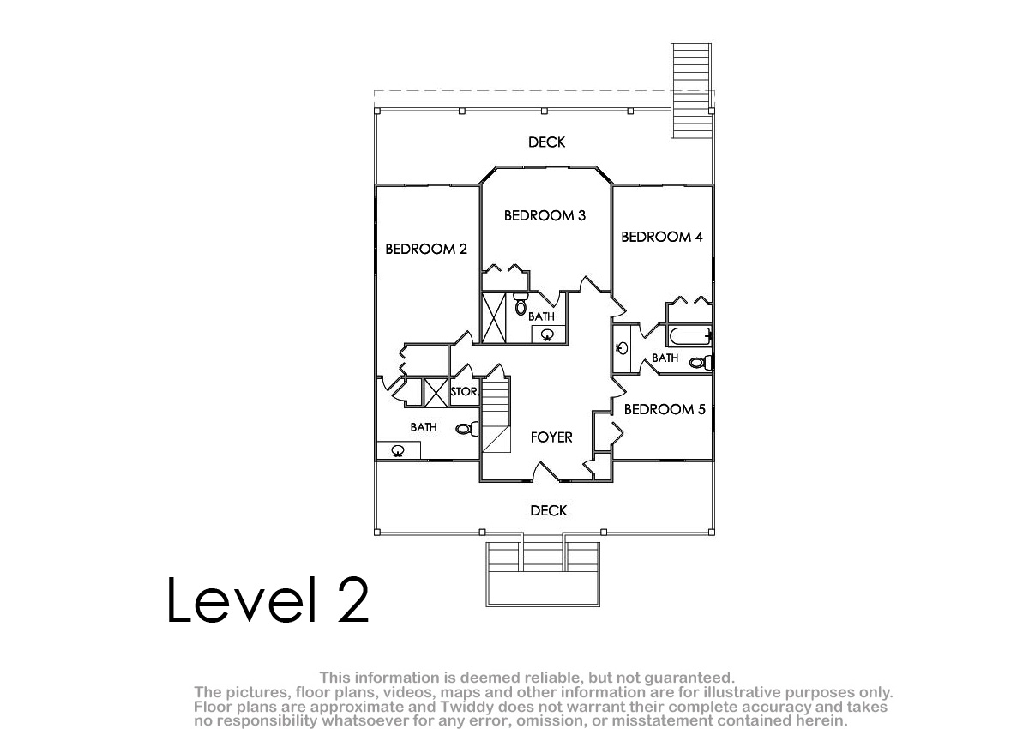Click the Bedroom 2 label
[426, 249]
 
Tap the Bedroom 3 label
[545, 215]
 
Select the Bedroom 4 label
[662, 237]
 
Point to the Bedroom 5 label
[665, 409]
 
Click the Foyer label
[551, 437]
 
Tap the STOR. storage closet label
[465, 391]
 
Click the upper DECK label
[547, 142]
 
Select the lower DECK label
[549, 510]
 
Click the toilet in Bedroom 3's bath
[521, 304]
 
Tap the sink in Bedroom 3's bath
[547, 334]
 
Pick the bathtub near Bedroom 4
[690, 336]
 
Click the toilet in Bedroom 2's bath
[466, 429]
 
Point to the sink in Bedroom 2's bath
[398, 450]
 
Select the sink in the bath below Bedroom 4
[623, 348]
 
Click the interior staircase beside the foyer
[496, 414]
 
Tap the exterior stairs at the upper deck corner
[691, 91]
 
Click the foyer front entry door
[547, 472]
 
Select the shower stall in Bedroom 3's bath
[493, 317]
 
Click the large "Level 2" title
[268, 599]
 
